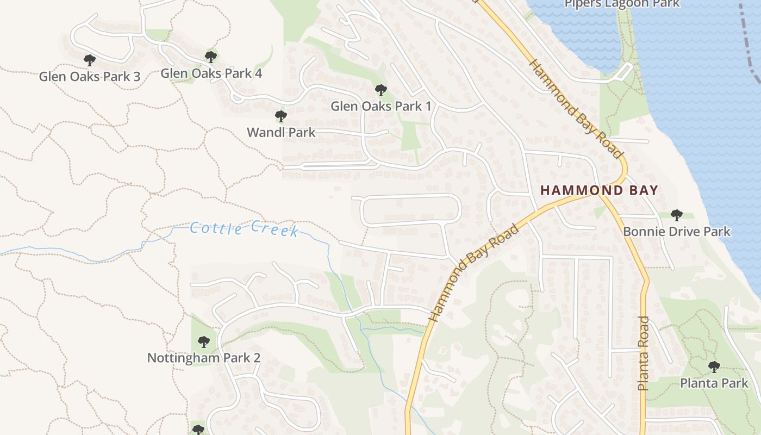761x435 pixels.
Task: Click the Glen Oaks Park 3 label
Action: [90, 77]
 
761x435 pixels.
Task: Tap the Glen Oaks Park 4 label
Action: [211, 73]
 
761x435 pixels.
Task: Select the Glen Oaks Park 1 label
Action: [381, 106]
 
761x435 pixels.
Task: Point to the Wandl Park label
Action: [281, 132]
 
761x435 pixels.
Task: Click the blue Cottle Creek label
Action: [244, 229]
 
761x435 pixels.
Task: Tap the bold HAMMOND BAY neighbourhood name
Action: [600, 190]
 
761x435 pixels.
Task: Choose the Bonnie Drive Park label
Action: [677, 232]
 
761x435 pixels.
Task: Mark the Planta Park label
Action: [714, 383]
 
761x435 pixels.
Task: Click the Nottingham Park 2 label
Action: [204, 358]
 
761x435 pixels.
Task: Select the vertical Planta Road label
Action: [644, 353]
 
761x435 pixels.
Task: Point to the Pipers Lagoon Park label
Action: [622, 4]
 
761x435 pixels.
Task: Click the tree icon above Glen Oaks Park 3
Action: [90, 60]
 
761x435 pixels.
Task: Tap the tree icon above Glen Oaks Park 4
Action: [211, 57]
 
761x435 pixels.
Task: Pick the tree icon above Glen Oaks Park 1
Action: [381, 90]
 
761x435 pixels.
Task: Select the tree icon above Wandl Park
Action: [281, 116]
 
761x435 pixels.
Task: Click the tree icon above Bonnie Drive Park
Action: [677, 215]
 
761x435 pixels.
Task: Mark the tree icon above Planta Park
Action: [714, 367]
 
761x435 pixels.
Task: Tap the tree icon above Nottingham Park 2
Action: [204, 342]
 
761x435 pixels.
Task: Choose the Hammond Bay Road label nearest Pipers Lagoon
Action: [575, 109]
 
